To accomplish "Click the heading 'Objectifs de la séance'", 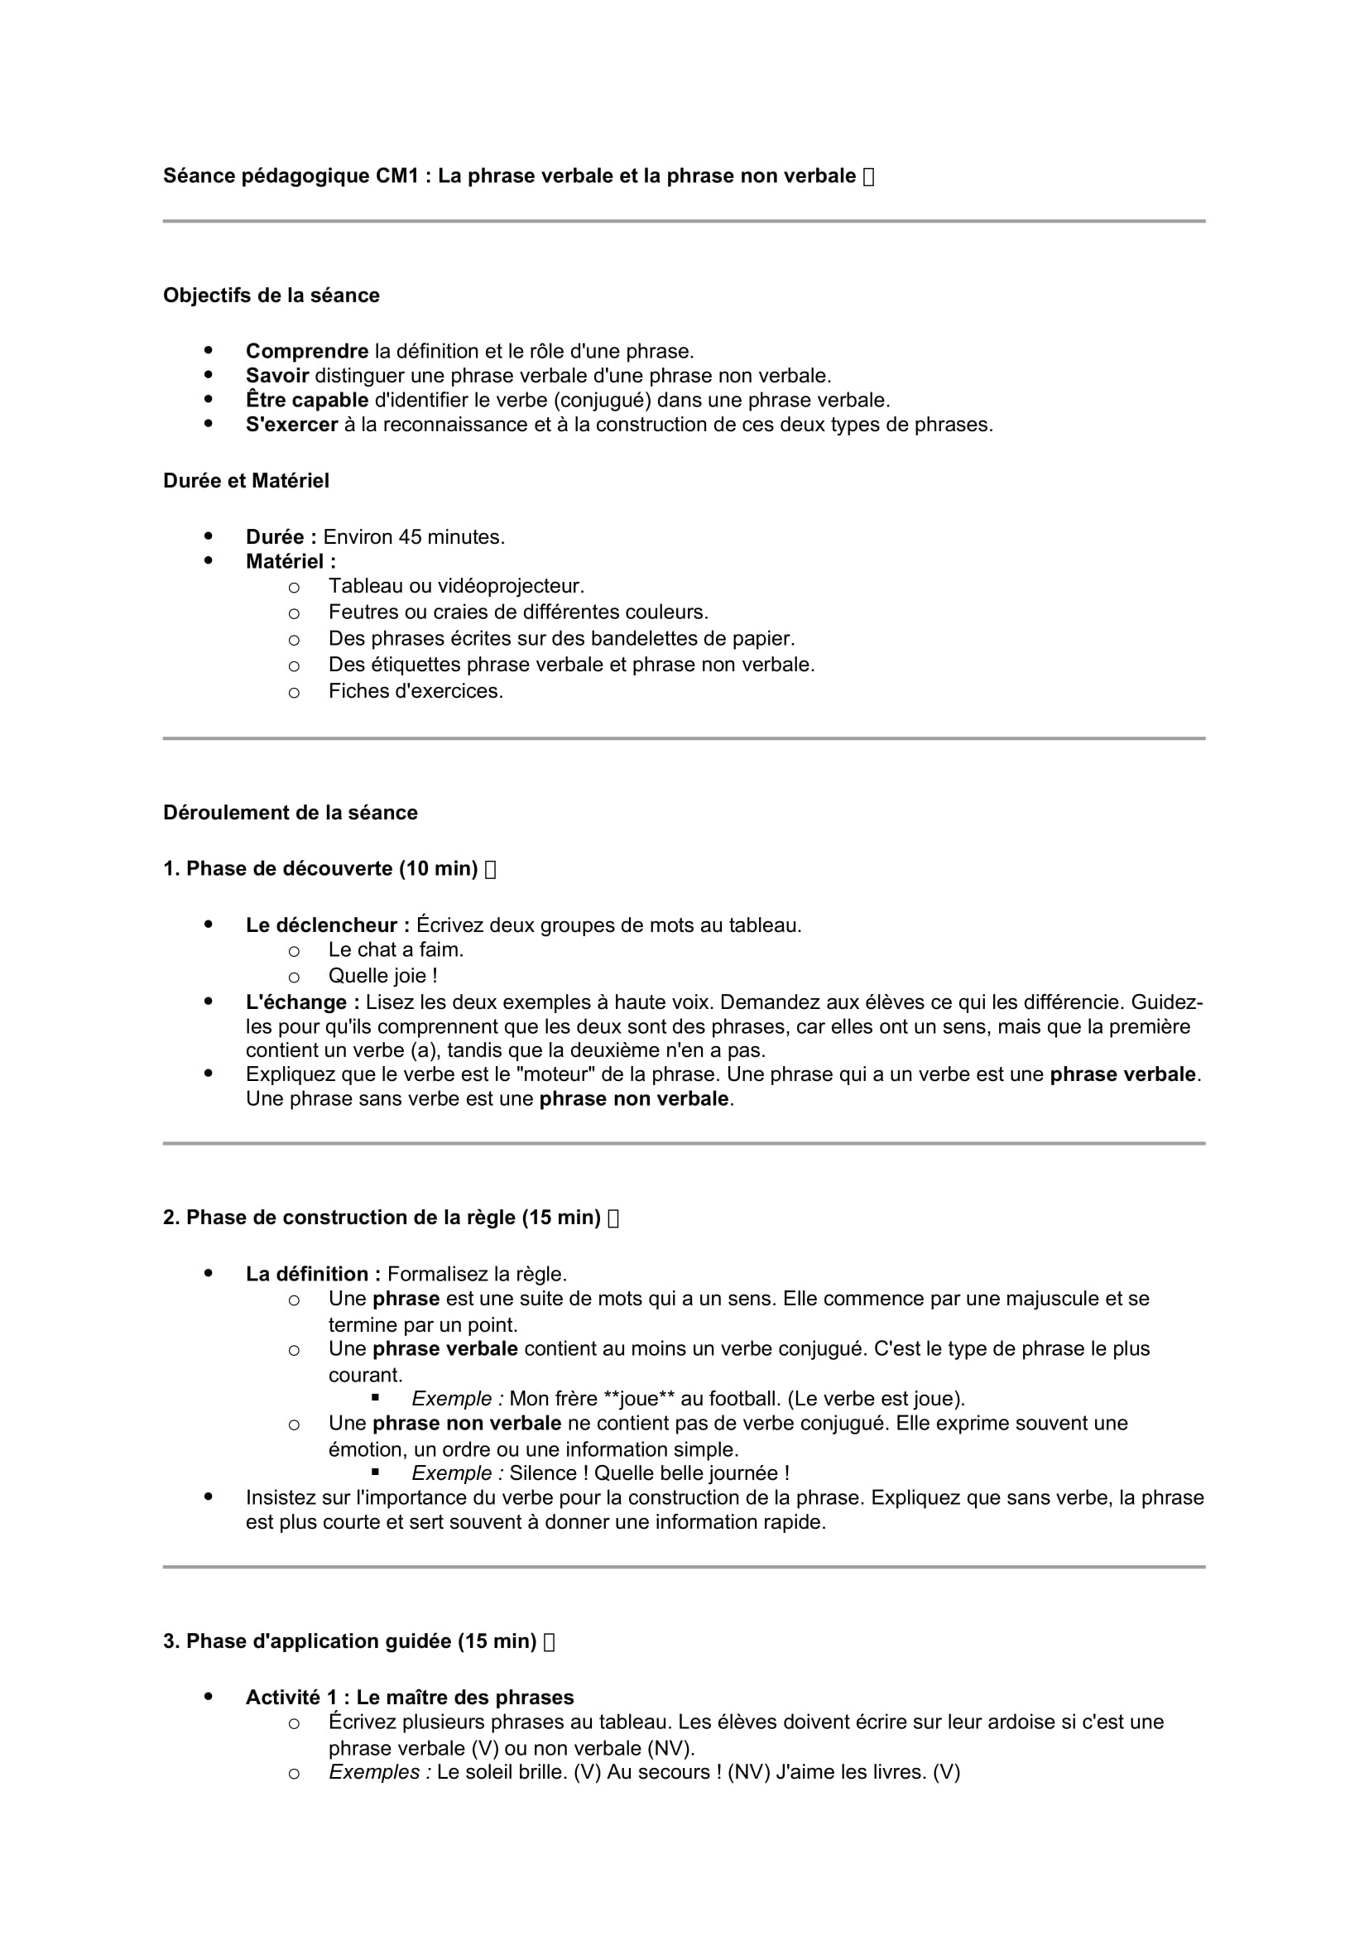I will [x=271, y=295].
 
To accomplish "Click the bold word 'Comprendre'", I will [x=307, y=351].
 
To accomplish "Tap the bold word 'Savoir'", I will [x=276, y=375].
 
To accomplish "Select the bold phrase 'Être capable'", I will [x=307, y=400].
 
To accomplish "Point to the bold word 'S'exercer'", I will [x=291, y=424].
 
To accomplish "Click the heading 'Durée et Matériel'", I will [x=245, y=481].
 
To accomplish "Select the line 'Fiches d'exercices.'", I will [x=416, y=691].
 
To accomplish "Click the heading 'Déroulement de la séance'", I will [x=290, y=813].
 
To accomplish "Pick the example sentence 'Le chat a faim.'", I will [x=396, y=949].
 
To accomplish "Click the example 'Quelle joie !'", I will [x=382, y=976].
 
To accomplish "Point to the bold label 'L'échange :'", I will [x=303, y=1002].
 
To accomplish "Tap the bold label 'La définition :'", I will [x=313, y=1273].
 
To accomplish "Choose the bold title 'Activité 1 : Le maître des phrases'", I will [x=409, y=1698].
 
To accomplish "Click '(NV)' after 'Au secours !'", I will [x=748, y=1771].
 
